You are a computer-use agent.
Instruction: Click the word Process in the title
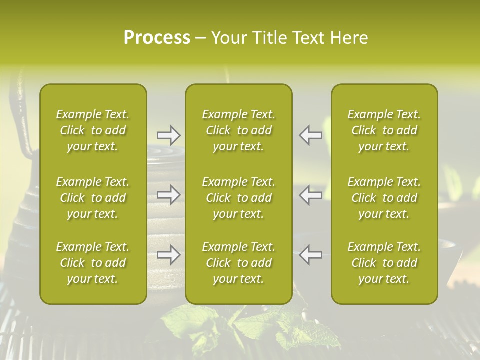pyautogui.click(x=157, y=38)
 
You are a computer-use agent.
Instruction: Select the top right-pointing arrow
pyautogui.click(x=169, y=135)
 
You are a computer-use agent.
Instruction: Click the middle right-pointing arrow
pyautogui.click(x=169, y=195)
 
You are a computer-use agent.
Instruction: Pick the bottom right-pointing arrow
pyautogui.click(x=169, y=255)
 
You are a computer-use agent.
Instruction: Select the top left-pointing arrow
pyautogui.click(x=311, y=135)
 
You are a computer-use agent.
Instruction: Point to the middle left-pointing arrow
pyautogui.click(x=311, y=195)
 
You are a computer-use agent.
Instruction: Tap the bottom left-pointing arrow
pyautogui.click(x=311, y=255)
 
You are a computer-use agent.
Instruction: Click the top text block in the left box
pyautogui.click(x=93, y=130)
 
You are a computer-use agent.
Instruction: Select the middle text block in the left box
pyautogui.click(x=93, y=198)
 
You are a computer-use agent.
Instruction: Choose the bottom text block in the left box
pyautogui.click(x=93, y=263)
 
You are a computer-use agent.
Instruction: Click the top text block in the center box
pyautogui.click(x=239, y=130)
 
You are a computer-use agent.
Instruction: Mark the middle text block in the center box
pyautogui.click(x=239, y=198)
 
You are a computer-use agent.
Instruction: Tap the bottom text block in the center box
pyautogui.click(x=239, y=263)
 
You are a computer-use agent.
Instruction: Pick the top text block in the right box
pyautogui.click(x=384, y=130)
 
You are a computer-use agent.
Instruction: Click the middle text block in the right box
pyautogui.click(x=384, y=198)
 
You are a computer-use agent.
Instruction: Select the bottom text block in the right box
pyautogui.click(x=384, y=263)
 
